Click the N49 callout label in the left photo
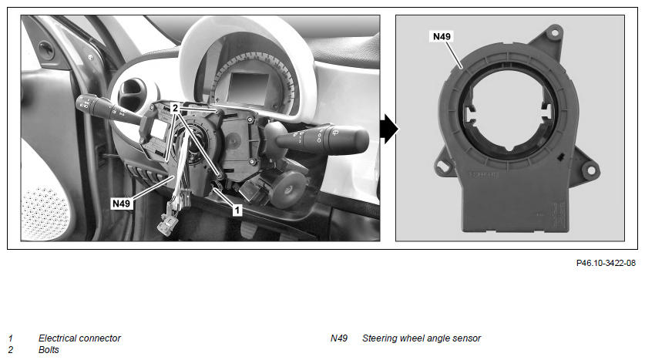121,204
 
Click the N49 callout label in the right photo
442,36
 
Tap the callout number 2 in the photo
175,108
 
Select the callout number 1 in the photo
237,210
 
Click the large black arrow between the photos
388,130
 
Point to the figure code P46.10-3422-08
606,263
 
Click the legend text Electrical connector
79,338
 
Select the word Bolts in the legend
49,350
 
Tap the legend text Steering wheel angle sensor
422,338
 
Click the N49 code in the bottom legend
339,338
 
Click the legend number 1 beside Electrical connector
11,338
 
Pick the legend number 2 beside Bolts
11,350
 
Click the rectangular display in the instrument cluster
248,88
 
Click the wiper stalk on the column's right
321,139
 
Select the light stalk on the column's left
110,110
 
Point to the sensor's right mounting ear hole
591,170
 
